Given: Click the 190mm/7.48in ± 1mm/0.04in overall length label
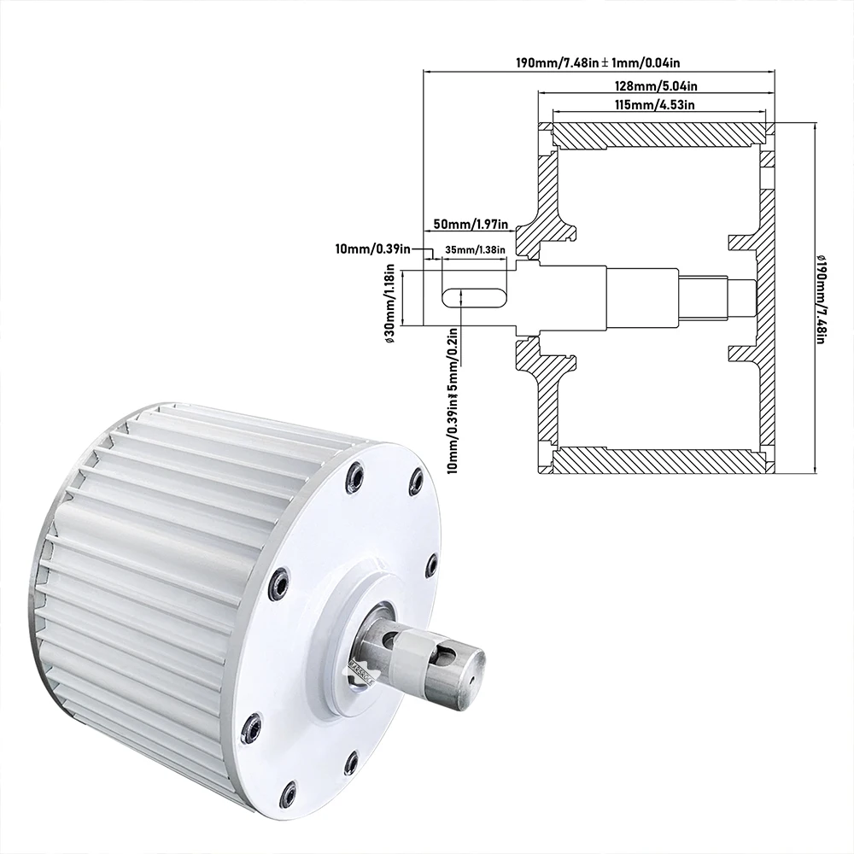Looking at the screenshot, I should click(x=597, y=62).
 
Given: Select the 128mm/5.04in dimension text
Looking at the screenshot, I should click(x=656, y=86).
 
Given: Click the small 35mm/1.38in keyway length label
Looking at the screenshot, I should click(x=476, y=249).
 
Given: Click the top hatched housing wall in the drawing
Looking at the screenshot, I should click(x=658, y=133).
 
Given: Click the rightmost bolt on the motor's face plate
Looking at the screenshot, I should click(x=431, y=564).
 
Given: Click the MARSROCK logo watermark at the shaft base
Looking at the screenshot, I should click(x=360, y=669).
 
